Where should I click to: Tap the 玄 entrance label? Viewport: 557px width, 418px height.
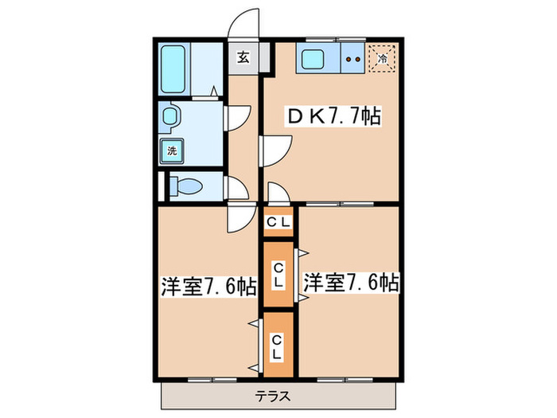[243, 57]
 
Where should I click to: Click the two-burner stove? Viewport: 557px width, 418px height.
[354, 58]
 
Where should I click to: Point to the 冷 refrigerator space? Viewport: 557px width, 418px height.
[382, 58]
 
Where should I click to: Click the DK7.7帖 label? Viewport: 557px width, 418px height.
[333, 117]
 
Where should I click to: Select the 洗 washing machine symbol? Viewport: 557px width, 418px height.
[172, 149]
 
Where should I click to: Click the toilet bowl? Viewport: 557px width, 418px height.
[189, 187]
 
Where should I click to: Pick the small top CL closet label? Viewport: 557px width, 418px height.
[278, 222]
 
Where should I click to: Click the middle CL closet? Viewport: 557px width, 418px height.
[278, 274]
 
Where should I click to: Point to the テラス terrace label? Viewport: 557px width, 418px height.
[273, 396]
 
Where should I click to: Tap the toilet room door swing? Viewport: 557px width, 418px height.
[237, 188]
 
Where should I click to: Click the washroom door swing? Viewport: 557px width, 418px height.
[237, 119]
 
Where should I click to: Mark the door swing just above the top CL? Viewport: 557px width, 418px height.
[279, 193]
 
